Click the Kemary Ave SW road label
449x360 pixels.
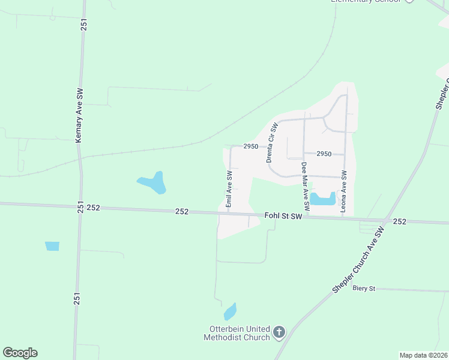pyautogui.click(x=79, y=116)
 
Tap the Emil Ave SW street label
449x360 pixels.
pyautogui.click(x=229, y=190)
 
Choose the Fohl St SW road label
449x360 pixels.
pyautogui.click(x=283, y=216)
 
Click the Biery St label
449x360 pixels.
pyautogui.click(x=364, y=289)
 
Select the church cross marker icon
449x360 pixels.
pyautogui.click(x=279, y=332)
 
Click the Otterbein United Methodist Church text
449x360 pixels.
pyautogui.click(x=240, y=333)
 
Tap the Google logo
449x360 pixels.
pyautogui.click(x=20, y=353)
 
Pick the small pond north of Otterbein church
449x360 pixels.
pyautogui.click(x=230, y=312)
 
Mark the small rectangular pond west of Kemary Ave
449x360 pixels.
pyautogui.click(x=52, y=246)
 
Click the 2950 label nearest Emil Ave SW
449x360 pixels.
pyautogui.click(x=250, y=146)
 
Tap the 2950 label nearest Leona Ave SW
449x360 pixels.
pyautogui.click(x=324, y=154)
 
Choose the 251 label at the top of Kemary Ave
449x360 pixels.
pyautogui.click(x=85, y=25)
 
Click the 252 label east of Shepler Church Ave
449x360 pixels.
pyautogui.click(x=400, y=221)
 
